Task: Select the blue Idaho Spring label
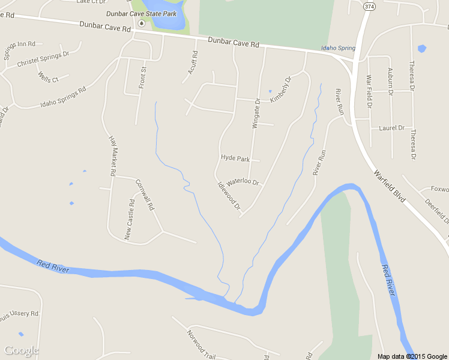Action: [x=338, y=48]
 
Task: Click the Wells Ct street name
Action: [x=48, y=77]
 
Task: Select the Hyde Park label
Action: [x=235, y=158]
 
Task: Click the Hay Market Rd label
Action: [x=112, y=155]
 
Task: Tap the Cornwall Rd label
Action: [x=145, y=194]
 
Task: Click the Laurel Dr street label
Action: [x=393, y=128]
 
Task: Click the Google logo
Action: [x=22, y=350]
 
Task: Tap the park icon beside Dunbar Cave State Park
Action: [x=142, y=23]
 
